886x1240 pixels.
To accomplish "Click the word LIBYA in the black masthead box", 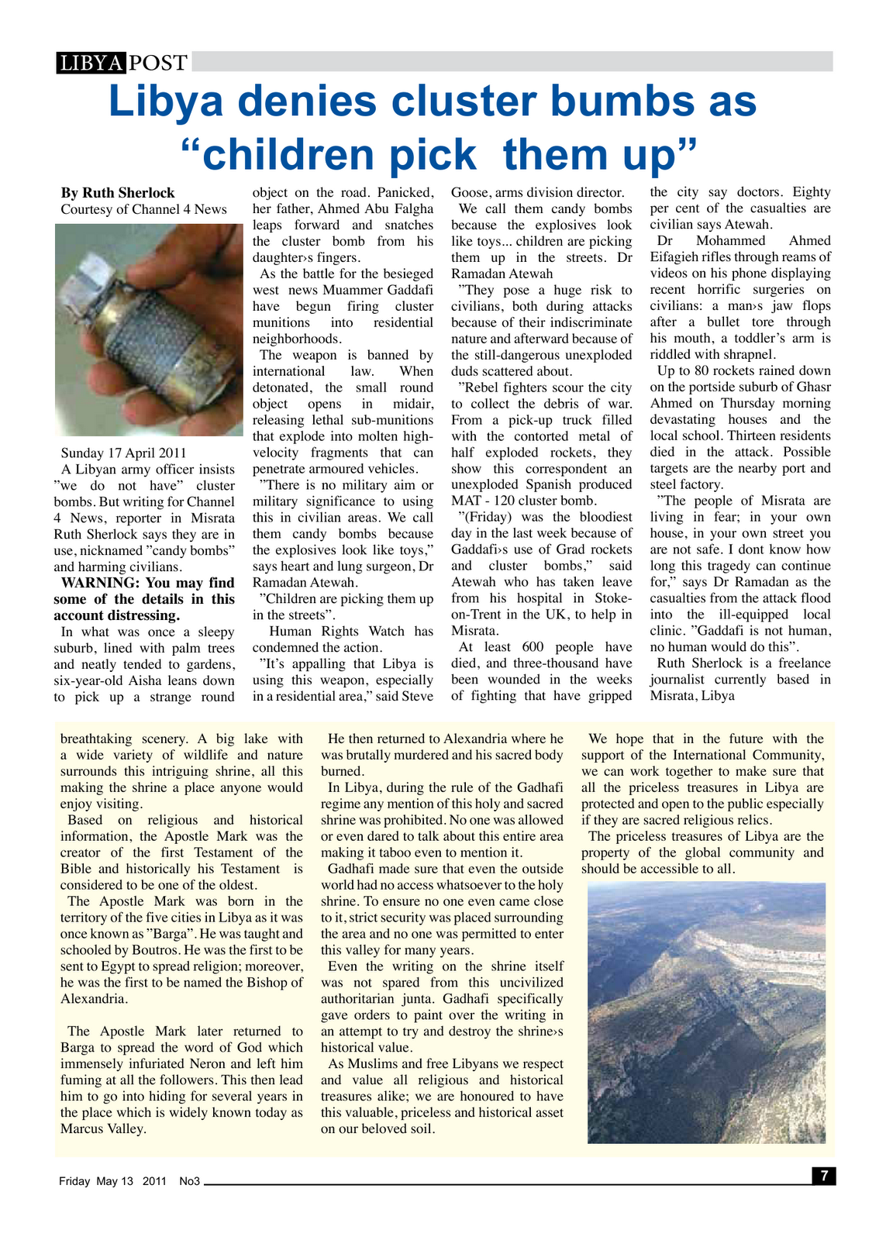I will tap(90, 63).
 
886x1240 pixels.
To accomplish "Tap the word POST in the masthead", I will tap(158, 63).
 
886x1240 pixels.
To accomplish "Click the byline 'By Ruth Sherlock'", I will tap(118, 193).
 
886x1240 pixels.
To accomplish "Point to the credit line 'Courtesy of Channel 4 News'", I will tap(144, 209).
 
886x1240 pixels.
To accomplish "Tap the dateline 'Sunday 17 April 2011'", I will tap(124, 453).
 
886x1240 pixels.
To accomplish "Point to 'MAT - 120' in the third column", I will tap(481, 501).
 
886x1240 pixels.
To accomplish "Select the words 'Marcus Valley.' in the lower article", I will tap(104, 1129).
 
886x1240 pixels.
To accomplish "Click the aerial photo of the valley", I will tap(706, 1013).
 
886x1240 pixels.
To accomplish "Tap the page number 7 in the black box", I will tap(823, 1176).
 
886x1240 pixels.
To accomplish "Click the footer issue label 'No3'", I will tap(190, 1182).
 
